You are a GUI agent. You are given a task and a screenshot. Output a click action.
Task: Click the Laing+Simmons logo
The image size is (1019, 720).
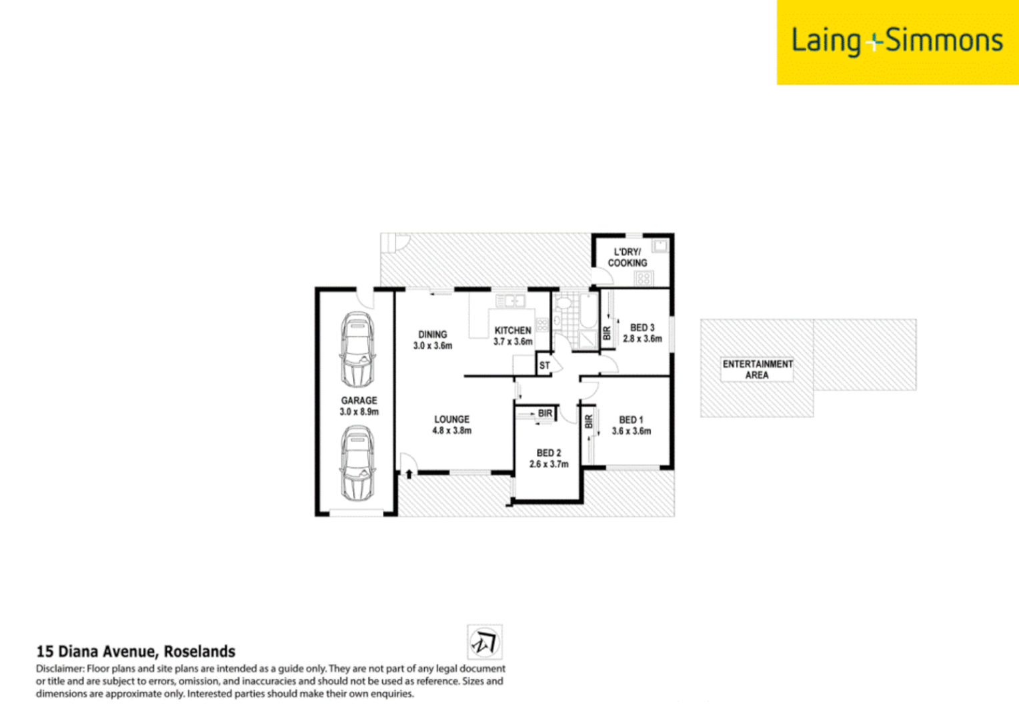click(897, 41)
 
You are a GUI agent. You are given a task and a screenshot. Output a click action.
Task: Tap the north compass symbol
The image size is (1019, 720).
click(484, 643)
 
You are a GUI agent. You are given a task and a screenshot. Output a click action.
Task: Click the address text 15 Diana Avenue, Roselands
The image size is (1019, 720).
click(135, 651)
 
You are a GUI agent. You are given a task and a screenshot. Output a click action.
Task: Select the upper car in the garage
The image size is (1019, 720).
click(357, 349)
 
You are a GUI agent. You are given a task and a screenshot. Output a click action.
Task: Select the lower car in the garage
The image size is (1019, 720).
click(357, 464)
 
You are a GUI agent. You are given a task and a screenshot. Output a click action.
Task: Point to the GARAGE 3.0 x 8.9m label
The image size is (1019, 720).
click(359, 406)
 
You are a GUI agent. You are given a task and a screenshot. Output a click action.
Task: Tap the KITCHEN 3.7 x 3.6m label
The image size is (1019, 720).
click(513, 336)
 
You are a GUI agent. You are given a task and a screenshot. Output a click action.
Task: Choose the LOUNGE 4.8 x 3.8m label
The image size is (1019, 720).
click(451, 425)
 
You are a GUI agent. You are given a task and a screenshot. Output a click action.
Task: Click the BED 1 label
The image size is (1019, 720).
click(631, 425)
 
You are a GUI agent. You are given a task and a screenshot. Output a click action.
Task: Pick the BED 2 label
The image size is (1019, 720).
click(549, 458)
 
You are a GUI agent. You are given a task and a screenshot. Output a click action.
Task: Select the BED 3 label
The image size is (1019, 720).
click(642, 333)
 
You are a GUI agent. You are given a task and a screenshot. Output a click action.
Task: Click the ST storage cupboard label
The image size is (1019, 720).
click(545, 365)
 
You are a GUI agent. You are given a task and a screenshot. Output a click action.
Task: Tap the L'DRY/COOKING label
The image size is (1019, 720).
click(627, 257)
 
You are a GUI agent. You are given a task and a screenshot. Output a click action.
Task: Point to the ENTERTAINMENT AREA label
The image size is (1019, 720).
click(757, 369)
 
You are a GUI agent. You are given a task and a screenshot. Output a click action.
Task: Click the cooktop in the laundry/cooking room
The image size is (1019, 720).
click(644, 279)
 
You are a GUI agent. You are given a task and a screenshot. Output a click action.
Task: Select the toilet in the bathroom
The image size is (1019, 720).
click(564, 303)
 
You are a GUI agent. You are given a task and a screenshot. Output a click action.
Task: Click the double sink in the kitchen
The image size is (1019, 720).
click(510, 301)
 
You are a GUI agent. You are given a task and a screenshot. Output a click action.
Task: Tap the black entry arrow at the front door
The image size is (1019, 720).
click(409, 474)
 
